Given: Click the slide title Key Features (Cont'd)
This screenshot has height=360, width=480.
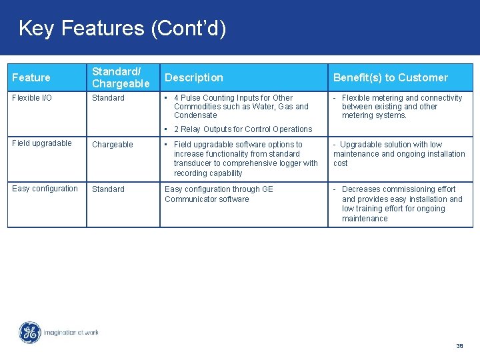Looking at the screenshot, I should pos(122,28).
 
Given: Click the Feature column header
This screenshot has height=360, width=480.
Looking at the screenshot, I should pos(31,78).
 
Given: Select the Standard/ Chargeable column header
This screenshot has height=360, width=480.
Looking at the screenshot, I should pos(121,77).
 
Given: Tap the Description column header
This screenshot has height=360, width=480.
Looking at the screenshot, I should pos(194,78).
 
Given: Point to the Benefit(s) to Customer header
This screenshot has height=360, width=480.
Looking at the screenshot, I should pos(390,78).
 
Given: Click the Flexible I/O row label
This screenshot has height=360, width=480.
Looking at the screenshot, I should pos(32,98).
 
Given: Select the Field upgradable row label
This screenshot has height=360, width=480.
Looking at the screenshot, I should pos(42,143).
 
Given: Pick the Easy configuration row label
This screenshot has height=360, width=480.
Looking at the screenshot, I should pos(45,189).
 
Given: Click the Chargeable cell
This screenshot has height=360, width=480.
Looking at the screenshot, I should pos(112,145).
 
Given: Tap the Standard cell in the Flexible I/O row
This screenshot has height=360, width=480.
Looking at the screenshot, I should pos(108,98).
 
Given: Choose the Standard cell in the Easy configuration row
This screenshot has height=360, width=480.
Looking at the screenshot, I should pos(108,189).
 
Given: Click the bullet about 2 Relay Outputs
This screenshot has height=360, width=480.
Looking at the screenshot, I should pos(242,129).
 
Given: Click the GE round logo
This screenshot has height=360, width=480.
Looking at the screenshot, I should pos(30,333).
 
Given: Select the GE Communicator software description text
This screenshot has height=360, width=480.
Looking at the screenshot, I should pos(219,194).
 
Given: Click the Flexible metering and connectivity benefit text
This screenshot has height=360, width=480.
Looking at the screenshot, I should pos(401,107).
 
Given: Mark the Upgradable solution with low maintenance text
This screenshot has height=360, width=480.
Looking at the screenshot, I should pos(399,154).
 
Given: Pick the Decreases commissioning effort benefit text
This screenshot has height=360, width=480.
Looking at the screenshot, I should pos(401,204).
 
